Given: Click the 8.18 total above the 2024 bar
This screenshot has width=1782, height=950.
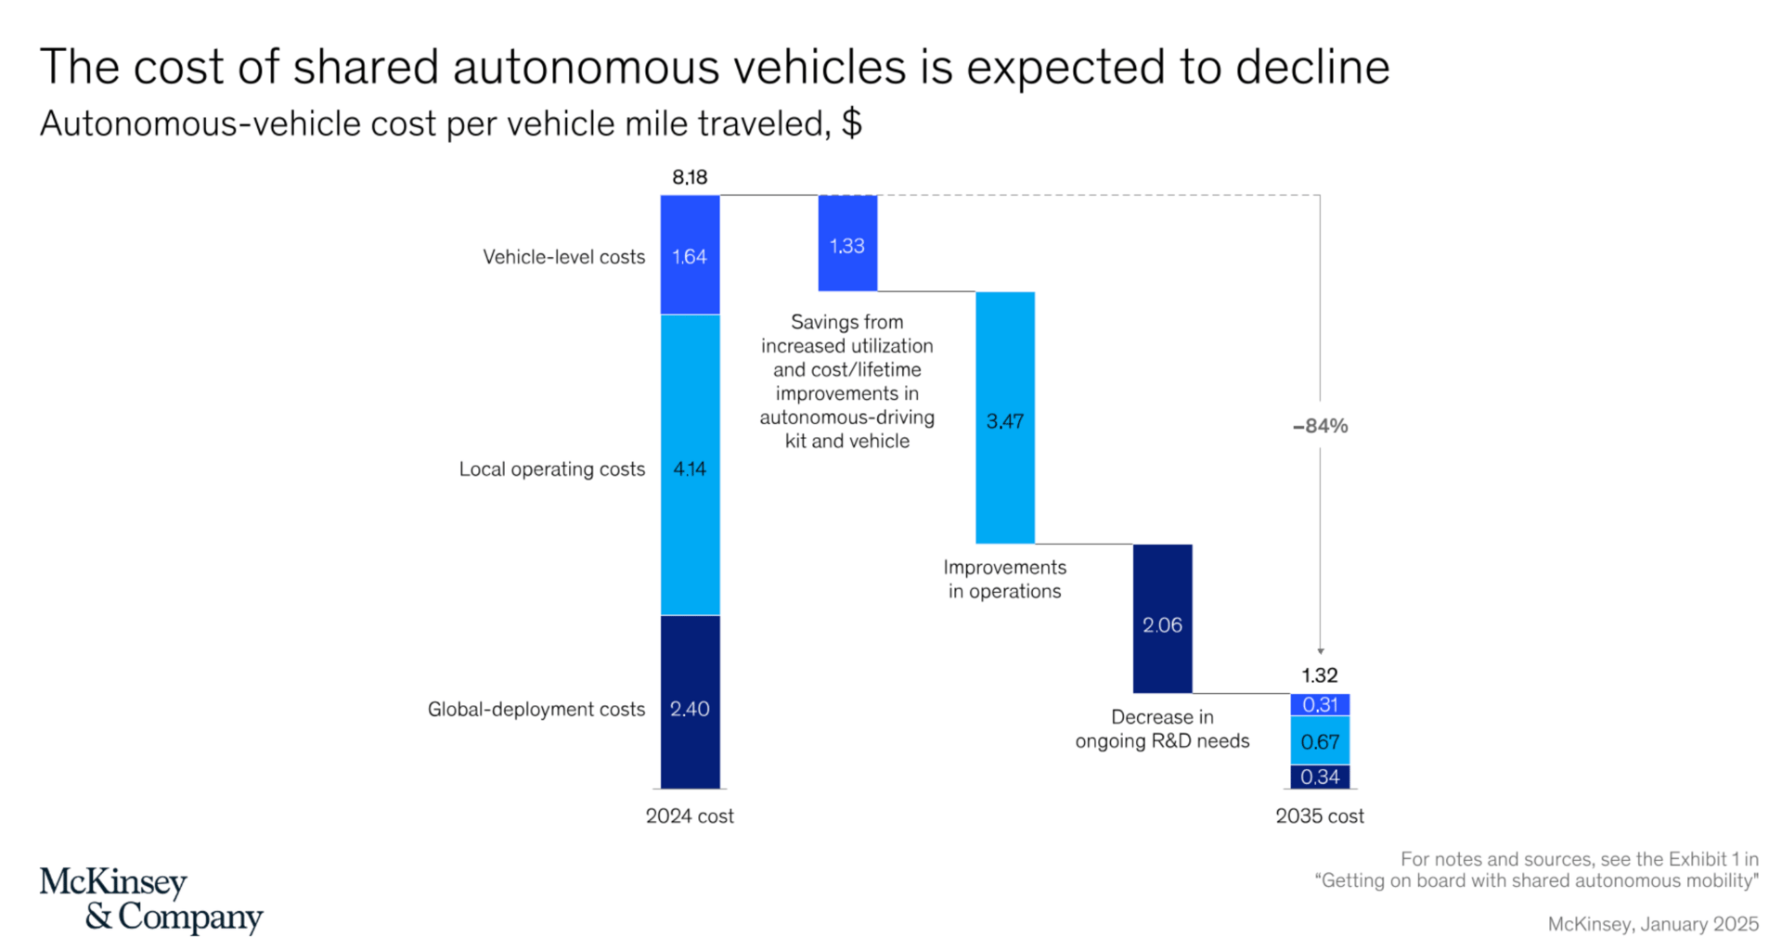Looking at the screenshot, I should (x=690, y=177).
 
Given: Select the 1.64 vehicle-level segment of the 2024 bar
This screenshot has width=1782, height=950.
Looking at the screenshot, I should (x=690, y=255).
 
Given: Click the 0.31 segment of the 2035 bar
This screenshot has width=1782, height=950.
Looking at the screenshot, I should (x=1320, y=705).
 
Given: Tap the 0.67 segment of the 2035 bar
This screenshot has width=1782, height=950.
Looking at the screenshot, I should (x=1320, y=741).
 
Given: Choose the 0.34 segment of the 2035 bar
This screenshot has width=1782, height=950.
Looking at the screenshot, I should (x=1320, y=777).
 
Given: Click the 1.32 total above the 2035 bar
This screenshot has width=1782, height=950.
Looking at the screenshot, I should (x=1320, y=675).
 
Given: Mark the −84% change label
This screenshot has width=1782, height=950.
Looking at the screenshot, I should (x=1320, y=426).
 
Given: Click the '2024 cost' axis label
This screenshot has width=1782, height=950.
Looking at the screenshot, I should (x=690, y=816).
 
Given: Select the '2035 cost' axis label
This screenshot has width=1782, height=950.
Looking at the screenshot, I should (x=1320, y=816).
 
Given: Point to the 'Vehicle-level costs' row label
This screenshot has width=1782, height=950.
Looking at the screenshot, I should (x=563, y=257).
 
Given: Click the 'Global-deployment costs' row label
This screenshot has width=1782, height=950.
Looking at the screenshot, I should (x=536, y=710).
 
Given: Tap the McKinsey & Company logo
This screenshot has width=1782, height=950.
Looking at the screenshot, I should (x=151, y=899).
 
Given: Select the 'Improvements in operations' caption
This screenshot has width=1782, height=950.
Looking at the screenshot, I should (x=1004, y=579).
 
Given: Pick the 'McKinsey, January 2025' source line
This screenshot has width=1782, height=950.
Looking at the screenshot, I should (x=1652, y=924).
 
